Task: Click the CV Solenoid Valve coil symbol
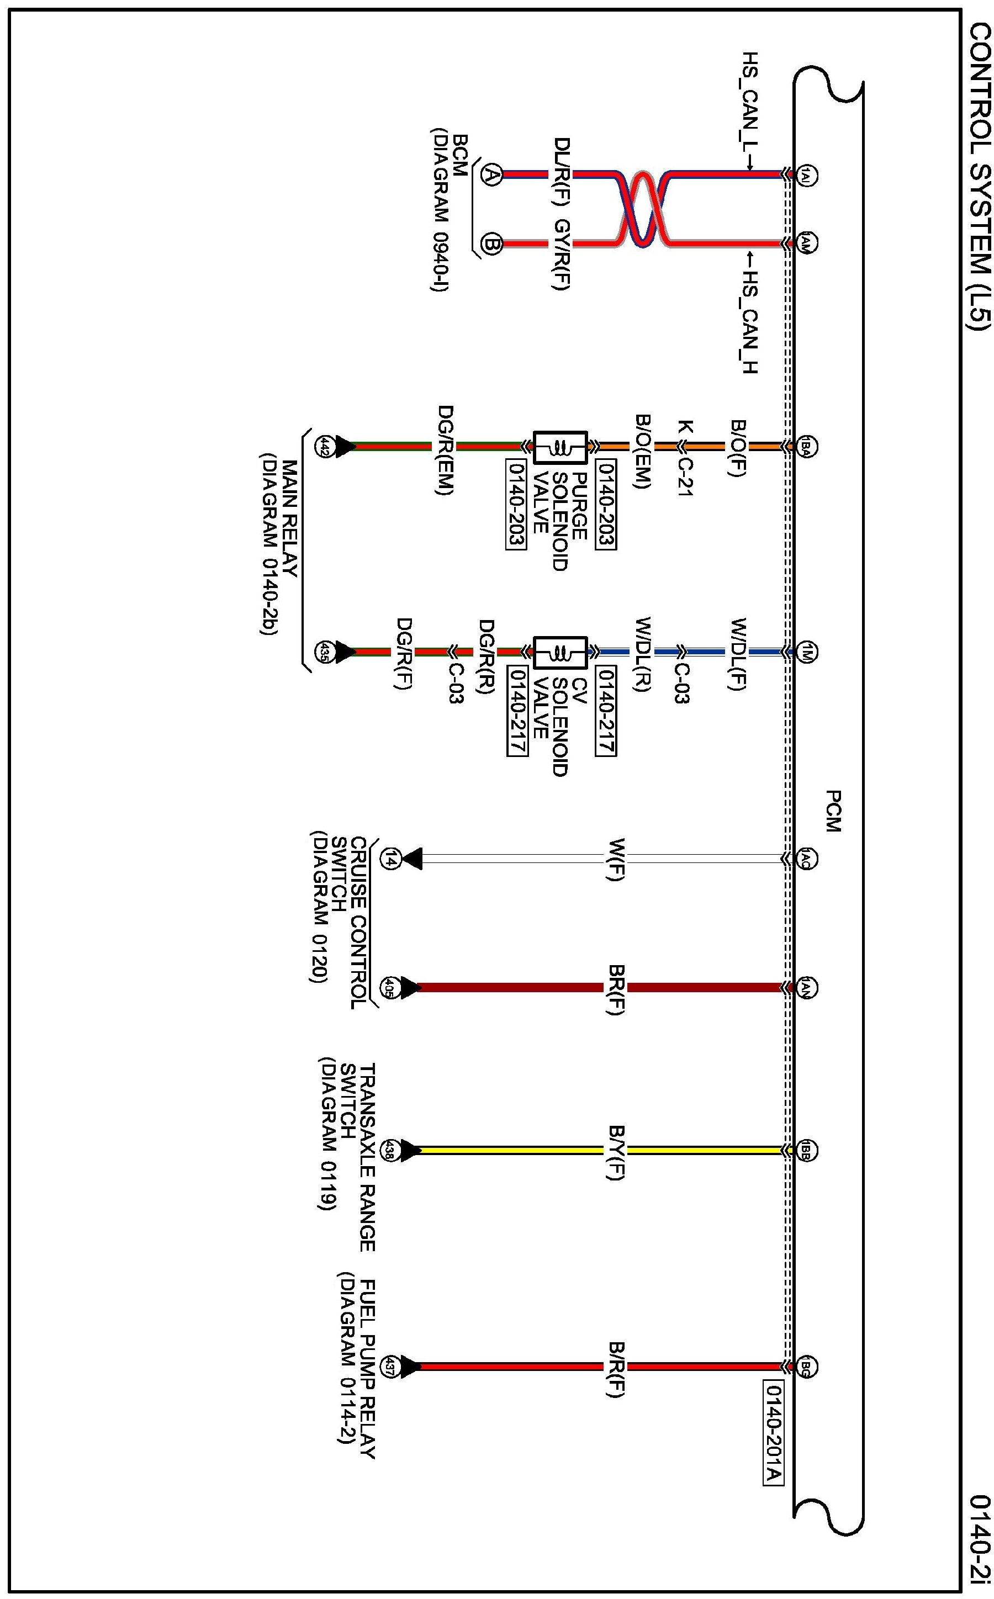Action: click(560, 653)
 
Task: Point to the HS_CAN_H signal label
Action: click(750, 322)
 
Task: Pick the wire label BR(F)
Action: click(615, 991)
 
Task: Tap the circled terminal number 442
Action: click(324, 447)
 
